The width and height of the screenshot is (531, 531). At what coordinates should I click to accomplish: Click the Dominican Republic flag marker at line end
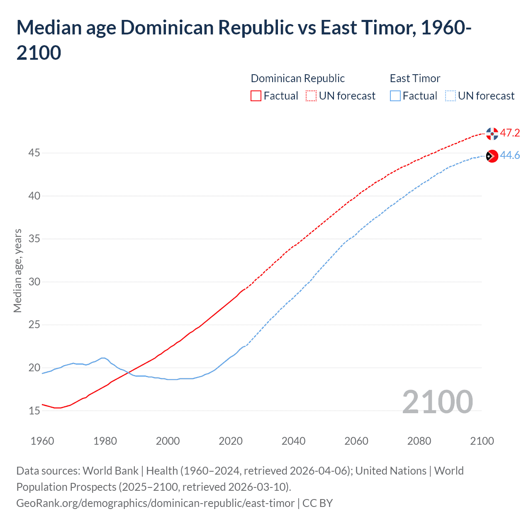492,134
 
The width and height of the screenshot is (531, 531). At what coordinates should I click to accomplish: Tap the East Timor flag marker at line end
492,156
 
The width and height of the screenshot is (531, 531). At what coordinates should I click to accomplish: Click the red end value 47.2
510,133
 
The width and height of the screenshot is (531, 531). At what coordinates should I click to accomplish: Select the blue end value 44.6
510,155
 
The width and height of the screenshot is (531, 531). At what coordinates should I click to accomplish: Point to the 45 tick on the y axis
34,153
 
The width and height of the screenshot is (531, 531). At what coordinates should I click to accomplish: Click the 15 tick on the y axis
34,411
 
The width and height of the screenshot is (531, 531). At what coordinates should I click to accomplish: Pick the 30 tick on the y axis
34,282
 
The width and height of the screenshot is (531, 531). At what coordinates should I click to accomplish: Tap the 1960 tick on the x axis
42,441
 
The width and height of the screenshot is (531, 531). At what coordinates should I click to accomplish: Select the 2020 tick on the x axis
231,441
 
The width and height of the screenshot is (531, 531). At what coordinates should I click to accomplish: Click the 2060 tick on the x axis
356,441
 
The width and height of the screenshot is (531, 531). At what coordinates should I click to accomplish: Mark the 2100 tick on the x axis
482,441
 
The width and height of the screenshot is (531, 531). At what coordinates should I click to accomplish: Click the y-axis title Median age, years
17,270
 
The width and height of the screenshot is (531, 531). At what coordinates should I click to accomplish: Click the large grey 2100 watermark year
437,402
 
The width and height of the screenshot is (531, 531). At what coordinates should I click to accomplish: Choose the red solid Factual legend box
256,96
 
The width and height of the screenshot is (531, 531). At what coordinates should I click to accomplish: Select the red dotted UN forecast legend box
311,96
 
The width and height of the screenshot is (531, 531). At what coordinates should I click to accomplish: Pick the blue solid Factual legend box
395,96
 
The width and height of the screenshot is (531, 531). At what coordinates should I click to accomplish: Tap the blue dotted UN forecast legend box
450,96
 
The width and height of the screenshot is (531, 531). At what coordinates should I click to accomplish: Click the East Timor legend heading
415,78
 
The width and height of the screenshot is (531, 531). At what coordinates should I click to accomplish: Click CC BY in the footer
317,503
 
